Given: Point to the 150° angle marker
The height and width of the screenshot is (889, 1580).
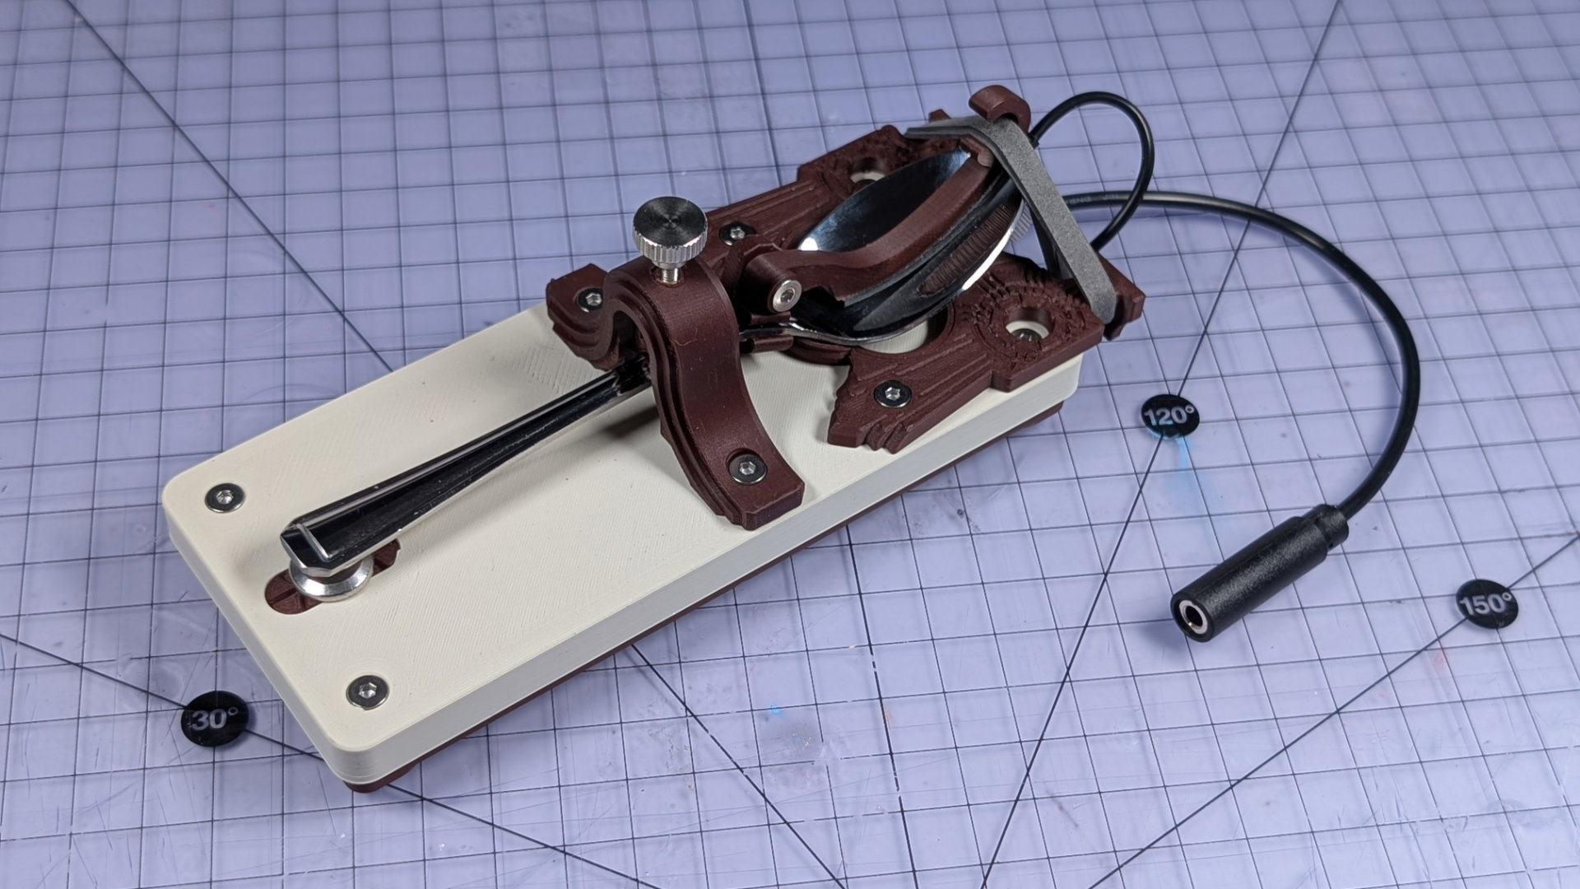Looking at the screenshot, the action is [x=1487, y=603].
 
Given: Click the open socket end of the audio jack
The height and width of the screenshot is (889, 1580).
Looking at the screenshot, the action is [x=1190, y=615].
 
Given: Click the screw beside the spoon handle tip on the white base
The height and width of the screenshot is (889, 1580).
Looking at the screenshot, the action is [x=225, y=496].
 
